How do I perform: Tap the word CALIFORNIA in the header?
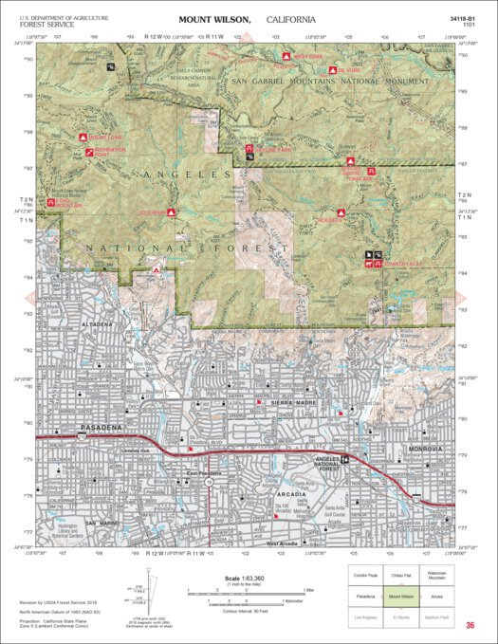293,19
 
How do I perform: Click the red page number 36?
470,625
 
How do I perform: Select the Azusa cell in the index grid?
451,598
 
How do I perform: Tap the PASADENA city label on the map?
79,429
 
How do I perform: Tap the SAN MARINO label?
102,523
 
